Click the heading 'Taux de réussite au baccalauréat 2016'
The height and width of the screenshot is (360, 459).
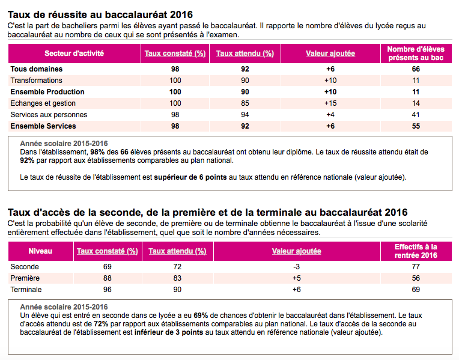100,14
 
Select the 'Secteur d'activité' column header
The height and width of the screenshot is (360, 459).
74,53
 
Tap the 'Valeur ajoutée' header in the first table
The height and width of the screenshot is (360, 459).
330,53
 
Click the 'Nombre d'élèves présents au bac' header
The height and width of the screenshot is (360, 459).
416,53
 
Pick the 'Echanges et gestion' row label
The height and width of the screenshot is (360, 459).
43,103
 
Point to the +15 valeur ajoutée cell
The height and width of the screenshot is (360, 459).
330,103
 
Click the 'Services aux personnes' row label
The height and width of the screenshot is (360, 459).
49,115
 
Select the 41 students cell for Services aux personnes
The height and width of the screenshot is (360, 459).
416,115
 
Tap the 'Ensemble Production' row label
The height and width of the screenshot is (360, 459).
47,92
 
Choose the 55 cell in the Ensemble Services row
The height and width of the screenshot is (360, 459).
416,126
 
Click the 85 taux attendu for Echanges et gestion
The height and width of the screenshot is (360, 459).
245,103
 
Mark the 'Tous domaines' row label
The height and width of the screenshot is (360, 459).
37,69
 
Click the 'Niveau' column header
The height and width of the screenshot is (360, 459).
40,251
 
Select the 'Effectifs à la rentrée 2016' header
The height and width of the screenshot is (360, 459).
416,251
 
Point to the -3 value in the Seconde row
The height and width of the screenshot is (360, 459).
297,267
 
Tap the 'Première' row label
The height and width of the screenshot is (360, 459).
25,278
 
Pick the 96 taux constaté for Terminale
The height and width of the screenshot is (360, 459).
108,290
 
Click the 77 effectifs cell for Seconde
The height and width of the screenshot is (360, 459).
416,267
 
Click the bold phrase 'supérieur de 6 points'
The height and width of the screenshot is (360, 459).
190,177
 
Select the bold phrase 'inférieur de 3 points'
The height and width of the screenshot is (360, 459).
169,332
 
